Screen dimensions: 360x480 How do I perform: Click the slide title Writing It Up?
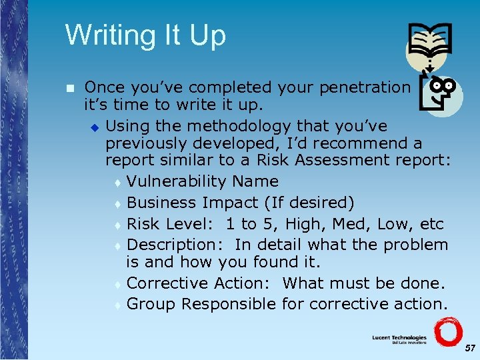pos(145,35)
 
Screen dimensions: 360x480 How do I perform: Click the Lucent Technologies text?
pos(399,339)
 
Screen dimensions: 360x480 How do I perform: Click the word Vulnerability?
pos(177,181)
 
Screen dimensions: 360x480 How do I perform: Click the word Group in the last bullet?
pos(151,304)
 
